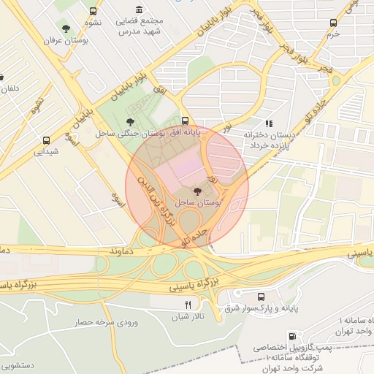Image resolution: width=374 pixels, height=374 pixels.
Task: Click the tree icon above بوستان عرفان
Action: pos(66,29)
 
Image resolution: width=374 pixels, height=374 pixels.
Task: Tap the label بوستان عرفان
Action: pos(66,42)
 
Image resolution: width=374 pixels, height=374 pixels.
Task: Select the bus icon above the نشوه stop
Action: pos(93,12)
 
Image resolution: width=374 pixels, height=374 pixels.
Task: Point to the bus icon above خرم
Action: pos(333,23)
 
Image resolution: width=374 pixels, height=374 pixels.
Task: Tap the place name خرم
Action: pos(333,34)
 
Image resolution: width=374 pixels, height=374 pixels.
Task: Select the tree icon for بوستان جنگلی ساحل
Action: pos(130,121)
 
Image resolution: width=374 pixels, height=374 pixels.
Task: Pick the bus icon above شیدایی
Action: pos(47,140)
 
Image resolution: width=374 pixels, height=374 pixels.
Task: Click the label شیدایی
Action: pos(47,152)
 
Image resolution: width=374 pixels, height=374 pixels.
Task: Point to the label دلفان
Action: pos(8,89)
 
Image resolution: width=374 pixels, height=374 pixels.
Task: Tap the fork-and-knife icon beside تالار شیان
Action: pos(188,305)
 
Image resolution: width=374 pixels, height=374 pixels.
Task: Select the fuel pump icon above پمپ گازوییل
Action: pos(293,337)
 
